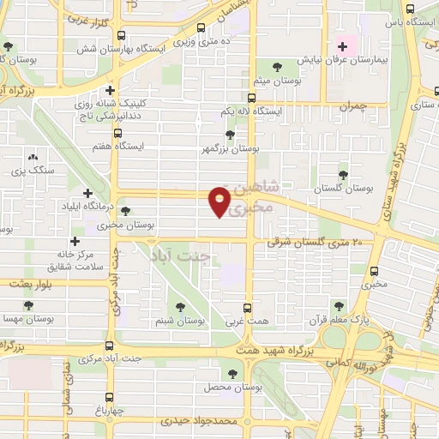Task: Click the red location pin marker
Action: pos(220,201)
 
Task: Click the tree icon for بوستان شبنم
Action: pos(180,307)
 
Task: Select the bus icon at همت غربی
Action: pos(248,307)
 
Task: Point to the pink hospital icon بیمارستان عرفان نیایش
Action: pos(343,46)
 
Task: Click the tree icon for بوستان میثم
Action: pos(276,66)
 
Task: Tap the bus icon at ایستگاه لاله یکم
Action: pos(250,98)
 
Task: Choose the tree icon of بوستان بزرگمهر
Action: pos(229,134)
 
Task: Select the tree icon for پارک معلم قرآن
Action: pos(340,304)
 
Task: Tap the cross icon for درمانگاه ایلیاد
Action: pos(87,193)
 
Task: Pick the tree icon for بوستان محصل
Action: pos(233,373)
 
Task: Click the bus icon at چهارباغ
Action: pos(109,396)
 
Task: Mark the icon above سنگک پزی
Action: pos(33,158)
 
